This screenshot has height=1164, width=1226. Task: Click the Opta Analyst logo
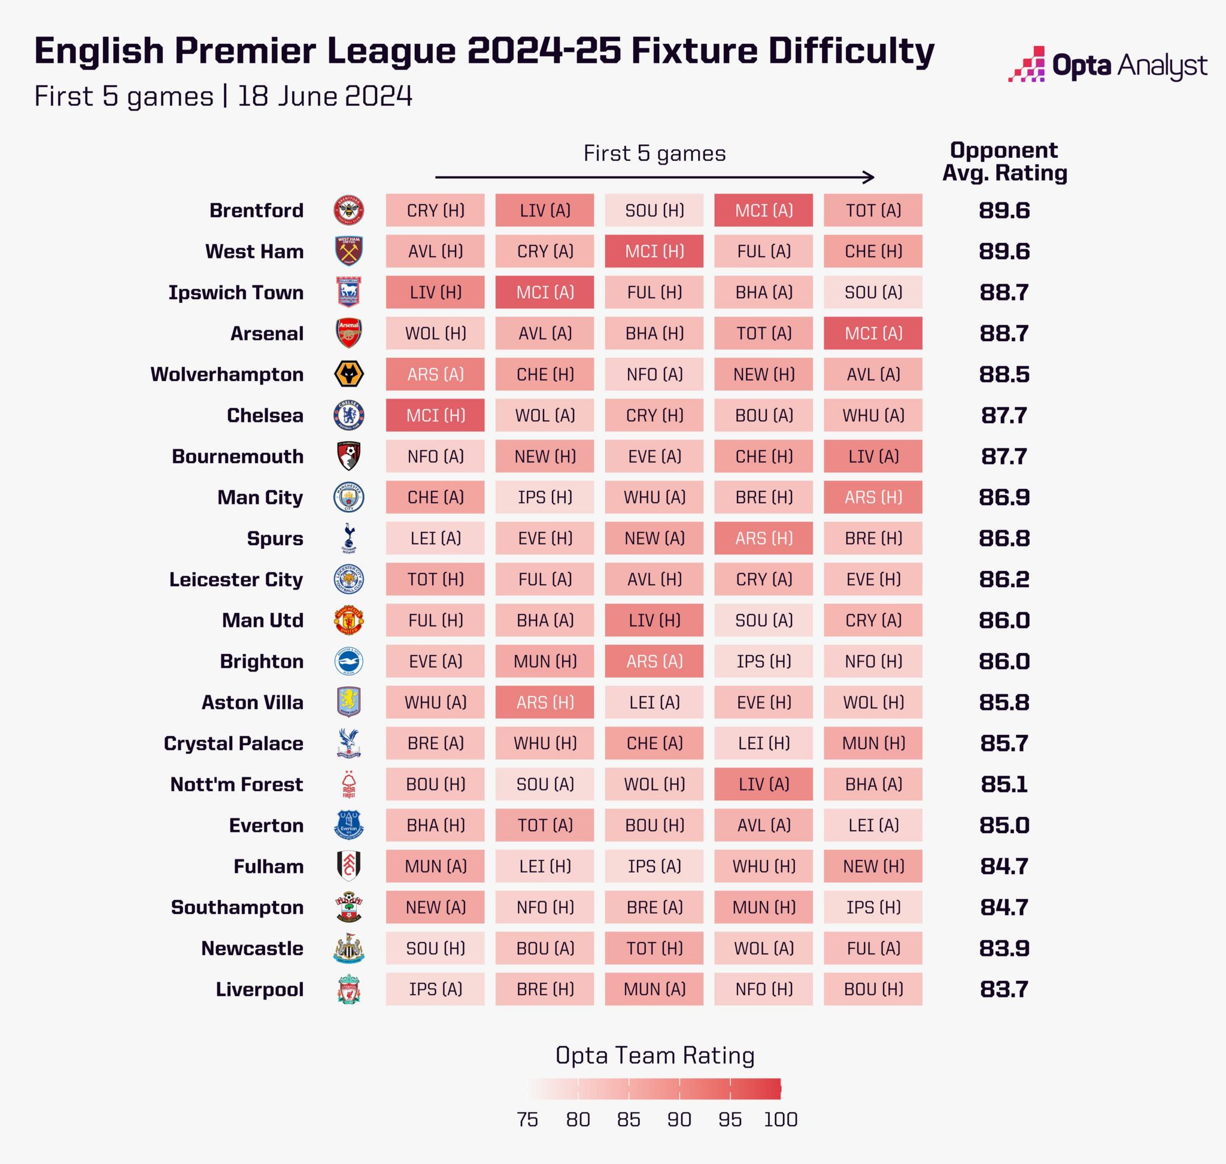point(1107,65)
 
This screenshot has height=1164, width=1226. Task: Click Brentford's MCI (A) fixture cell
point(763,210)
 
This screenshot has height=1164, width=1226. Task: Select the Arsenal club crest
point(348,333)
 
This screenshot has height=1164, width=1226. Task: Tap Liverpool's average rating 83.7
point(1004,989)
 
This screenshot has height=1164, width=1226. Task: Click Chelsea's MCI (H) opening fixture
point(435,415)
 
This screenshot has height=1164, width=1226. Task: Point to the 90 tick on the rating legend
point(679,1119)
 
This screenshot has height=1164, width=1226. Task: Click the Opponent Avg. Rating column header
point(1004,162)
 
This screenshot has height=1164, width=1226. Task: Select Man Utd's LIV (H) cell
point(654,620)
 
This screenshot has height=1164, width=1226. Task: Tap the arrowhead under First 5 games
point(870,178)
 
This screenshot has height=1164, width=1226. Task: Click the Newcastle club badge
point(348,948)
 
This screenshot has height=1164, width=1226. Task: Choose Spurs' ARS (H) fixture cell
point(763,538)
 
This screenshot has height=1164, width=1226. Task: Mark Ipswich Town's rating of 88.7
point(1004,292)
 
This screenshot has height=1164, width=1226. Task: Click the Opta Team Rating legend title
point(654,1056)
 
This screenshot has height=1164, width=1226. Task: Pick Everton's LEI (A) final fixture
point(873,825)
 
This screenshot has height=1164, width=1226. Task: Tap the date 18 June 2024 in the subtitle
point(324,96)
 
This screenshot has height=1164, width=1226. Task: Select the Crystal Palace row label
point(233,743)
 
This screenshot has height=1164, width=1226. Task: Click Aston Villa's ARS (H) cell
point(544,703)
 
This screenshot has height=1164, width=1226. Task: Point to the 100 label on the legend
point(780,1119)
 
